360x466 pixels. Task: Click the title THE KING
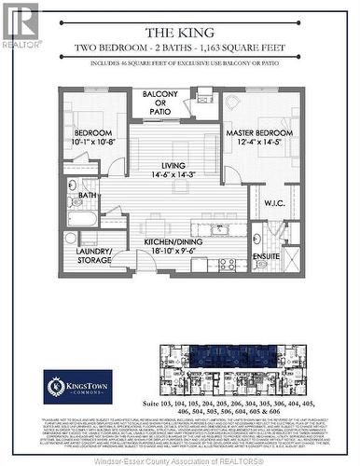click(x=179, y=31)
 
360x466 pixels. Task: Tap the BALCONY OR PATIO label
click(x=160, y=101)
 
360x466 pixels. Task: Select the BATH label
click(x=88, y=195)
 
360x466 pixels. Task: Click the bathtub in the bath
click(x=82, y=220)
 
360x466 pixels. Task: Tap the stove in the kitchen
click(x=227, y=265)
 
